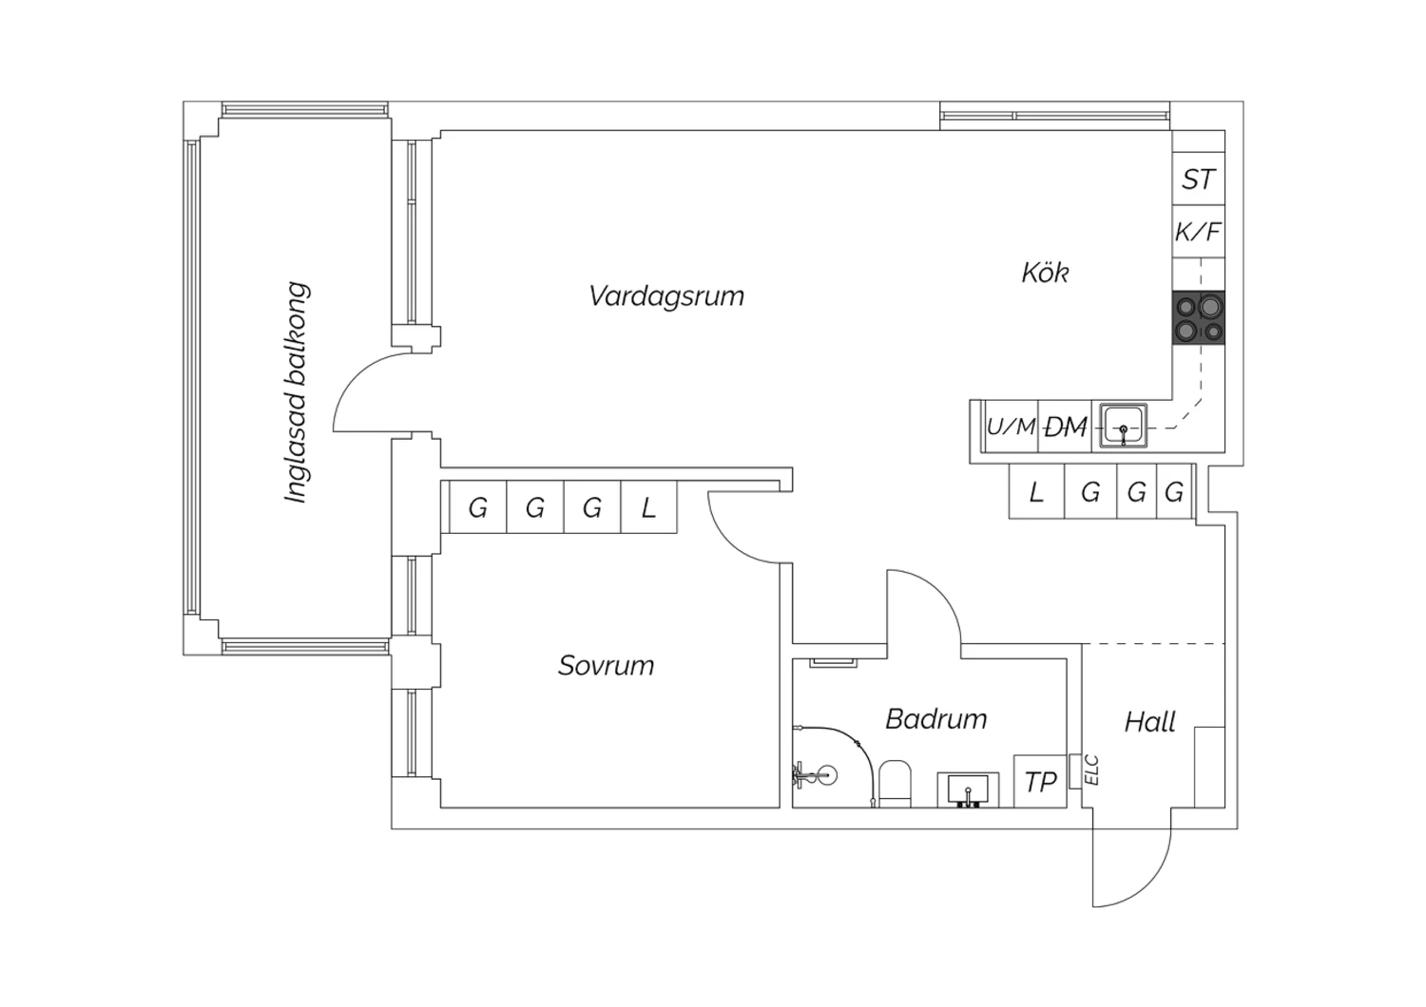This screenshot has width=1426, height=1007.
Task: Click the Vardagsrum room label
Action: click(x=665, y=296)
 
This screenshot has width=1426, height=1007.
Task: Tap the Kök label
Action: click(x=1045, y=274)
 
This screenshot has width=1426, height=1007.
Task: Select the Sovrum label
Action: click(x=606, y=665)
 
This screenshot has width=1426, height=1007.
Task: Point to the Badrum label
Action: click(x=935, y=719)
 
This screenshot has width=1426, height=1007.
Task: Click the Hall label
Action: click(x=1149, y=722)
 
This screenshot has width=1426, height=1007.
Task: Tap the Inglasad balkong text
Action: click(x=298, y=392)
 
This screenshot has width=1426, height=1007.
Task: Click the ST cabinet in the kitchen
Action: click(x=1198, y=180)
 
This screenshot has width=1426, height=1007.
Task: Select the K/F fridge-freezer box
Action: click(x=1198, y=232)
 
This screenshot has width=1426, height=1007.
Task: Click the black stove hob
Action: click(x=1200, y=318)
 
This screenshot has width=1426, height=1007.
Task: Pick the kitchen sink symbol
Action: click(x=1123, y=426)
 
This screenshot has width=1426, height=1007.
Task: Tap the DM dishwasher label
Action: click(x=1065, y=427)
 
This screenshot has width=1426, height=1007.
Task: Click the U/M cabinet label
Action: click(x=1011, y=427)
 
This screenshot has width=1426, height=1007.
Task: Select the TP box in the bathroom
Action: click(x=1040, y=782)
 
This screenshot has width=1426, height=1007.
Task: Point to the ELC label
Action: click(x=1091, y=769)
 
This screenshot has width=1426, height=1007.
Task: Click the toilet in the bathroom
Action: click(x=895, y=783)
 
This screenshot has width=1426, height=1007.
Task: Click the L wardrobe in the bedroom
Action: click(x=648, y=508)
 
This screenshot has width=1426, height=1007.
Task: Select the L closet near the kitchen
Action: click(x=1036, y=492)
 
